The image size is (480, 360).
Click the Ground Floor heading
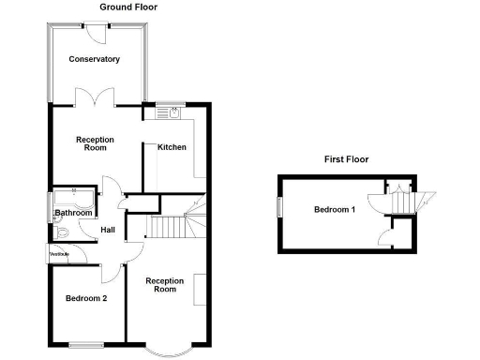(128, 7)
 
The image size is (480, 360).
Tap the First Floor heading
(346, 160)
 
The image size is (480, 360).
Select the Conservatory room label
(94, 59)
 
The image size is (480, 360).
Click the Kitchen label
(172, 147)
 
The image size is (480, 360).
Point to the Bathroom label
(73, 213)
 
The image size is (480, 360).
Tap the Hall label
(108, 231)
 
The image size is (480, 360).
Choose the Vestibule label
(58, 254)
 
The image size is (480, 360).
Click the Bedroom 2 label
(85, 299)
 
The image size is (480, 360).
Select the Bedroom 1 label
(334, 208)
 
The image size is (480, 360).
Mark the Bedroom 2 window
(86, 340)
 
